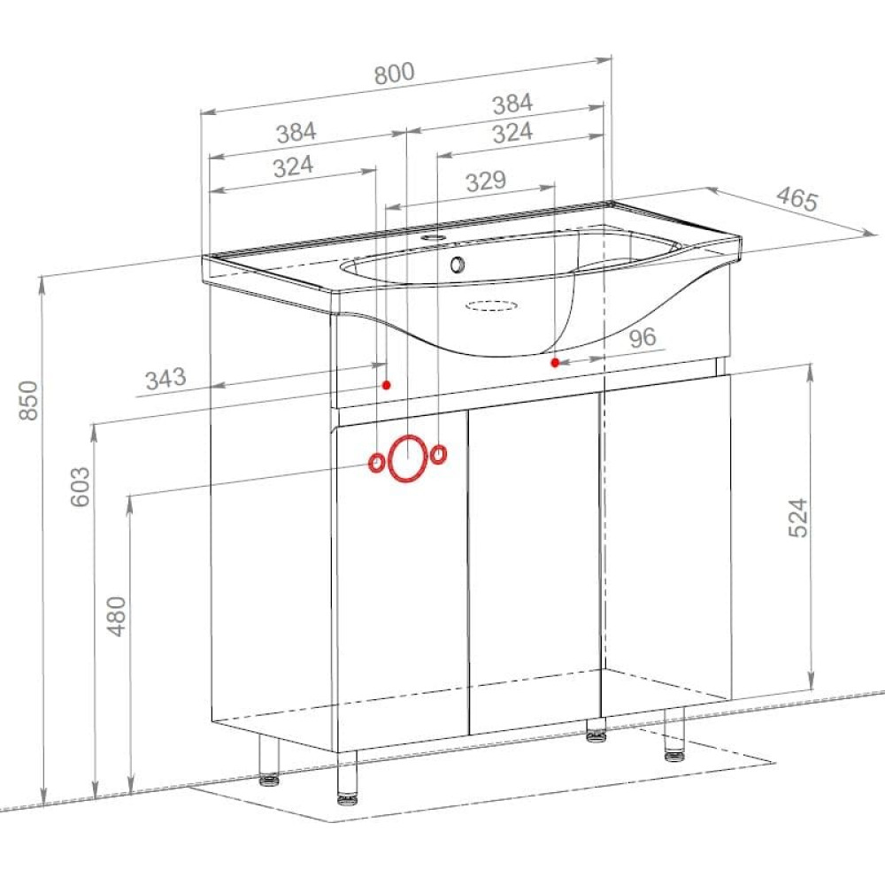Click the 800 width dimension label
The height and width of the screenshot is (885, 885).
(395, 73)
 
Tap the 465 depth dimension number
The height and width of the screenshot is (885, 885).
(797, 198)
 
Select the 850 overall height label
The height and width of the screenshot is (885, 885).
(29, 400)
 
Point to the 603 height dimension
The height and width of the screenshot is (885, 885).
(81, 487)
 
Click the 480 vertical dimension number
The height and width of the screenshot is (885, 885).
(117, 616)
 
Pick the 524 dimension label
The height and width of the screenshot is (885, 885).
(797, 518)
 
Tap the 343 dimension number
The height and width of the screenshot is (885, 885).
(165, 379)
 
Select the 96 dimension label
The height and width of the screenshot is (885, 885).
(643, 337)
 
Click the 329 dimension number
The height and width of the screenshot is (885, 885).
(486, 181)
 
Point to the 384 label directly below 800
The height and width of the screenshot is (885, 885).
(512, 104)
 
